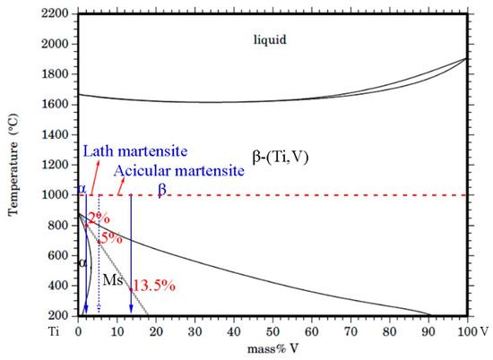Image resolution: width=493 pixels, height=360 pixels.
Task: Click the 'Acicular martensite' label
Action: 179,170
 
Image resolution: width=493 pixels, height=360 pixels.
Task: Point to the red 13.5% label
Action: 151,286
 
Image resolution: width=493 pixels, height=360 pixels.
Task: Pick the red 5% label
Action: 110,238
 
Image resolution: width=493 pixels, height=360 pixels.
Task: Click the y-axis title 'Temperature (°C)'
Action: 13,166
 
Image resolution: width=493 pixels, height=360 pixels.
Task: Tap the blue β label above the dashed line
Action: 161,189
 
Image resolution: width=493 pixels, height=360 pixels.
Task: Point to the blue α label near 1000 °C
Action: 82,189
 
